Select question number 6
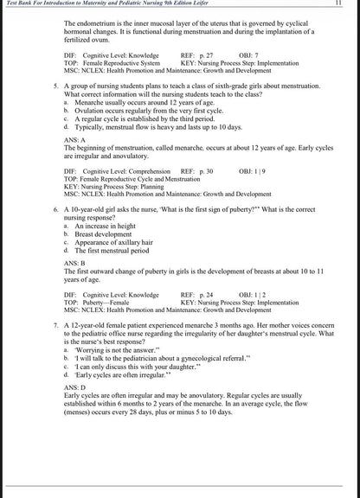tap(55, 210)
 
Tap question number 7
tap(55, 323)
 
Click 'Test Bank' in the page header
tap(19, 4)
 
